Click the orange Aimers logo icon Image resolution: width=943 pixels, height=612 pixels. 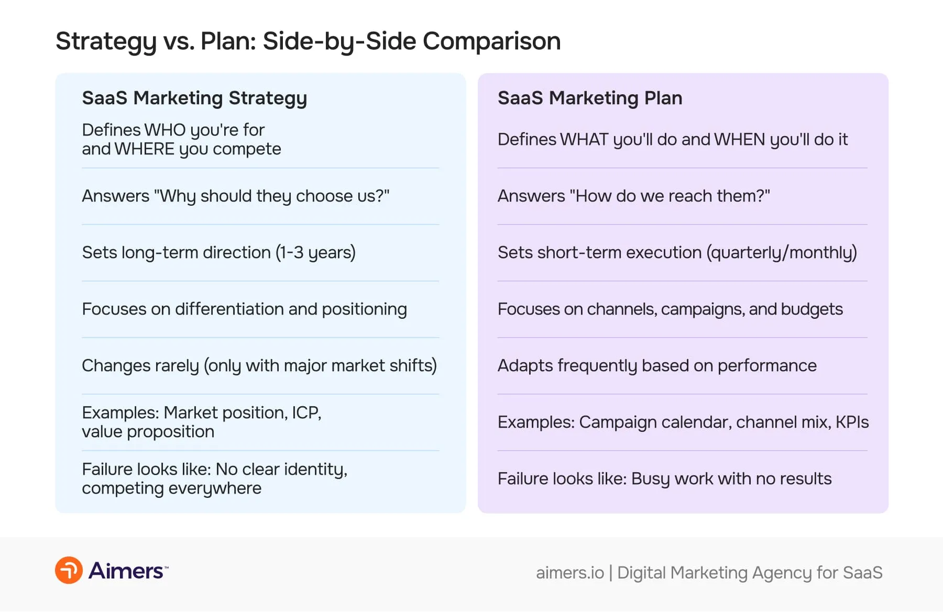[69, 570]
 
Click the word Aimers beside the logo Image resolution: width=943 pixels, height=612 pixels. [126, 571]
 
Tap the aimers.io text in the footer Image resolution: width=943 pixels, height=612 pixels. [569, 573]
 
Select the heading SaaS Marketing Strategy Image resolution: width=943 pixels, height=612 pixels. [194, 98]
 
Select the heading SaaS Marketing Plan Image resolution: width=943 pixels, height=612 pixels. [589, 98]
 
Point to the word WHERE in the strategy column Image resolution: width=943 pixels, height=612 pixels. [144, 149]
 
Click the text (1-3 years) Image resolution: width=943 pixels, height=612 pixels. [316, 253]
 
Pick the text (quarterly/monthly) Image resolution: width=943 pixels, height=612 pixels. [782, 253]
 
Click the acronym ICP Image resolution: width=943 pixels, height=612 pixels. [306, 413]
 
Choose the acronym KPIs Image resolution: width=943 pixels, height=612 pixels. [852, 422]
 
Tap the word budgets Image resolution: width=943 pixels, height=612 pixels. [812, 309]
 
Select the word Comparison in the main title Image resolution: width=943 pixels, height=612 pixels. [491, 41]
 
